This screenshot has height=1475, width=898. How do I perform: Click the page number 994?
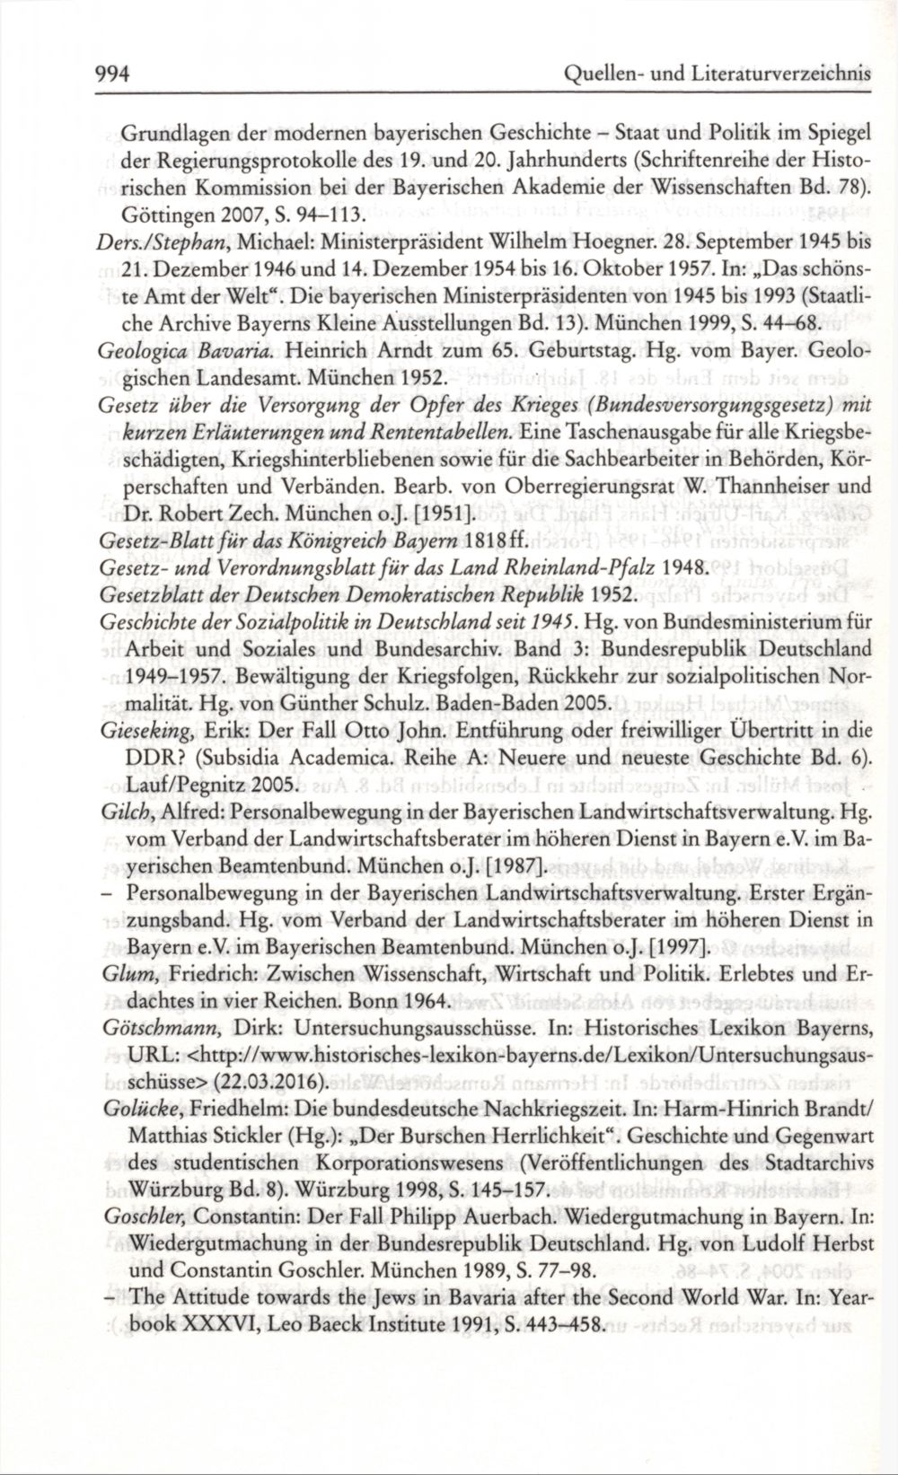113,75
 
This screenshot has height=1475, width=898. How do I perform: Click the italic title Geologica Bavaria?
167,348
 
